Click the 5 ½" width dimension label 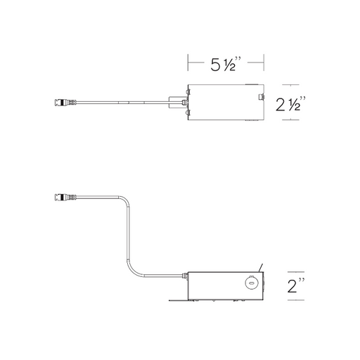tap(226, 64)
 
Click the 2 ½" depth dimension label tap(290, 103)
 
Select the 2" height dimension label tap(296, 285)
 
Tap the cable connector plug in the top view tap(65, 102)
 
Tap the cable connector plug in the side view tap(65, 197)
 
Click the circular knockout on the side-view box tap(250, 283)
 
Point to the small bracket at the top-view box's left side tap(176, 103)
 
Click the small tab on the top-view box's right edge tap(261, 97)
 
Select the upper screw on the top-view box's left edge tap(187, 91)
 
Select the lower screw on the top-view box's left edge tap(187, 113)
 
